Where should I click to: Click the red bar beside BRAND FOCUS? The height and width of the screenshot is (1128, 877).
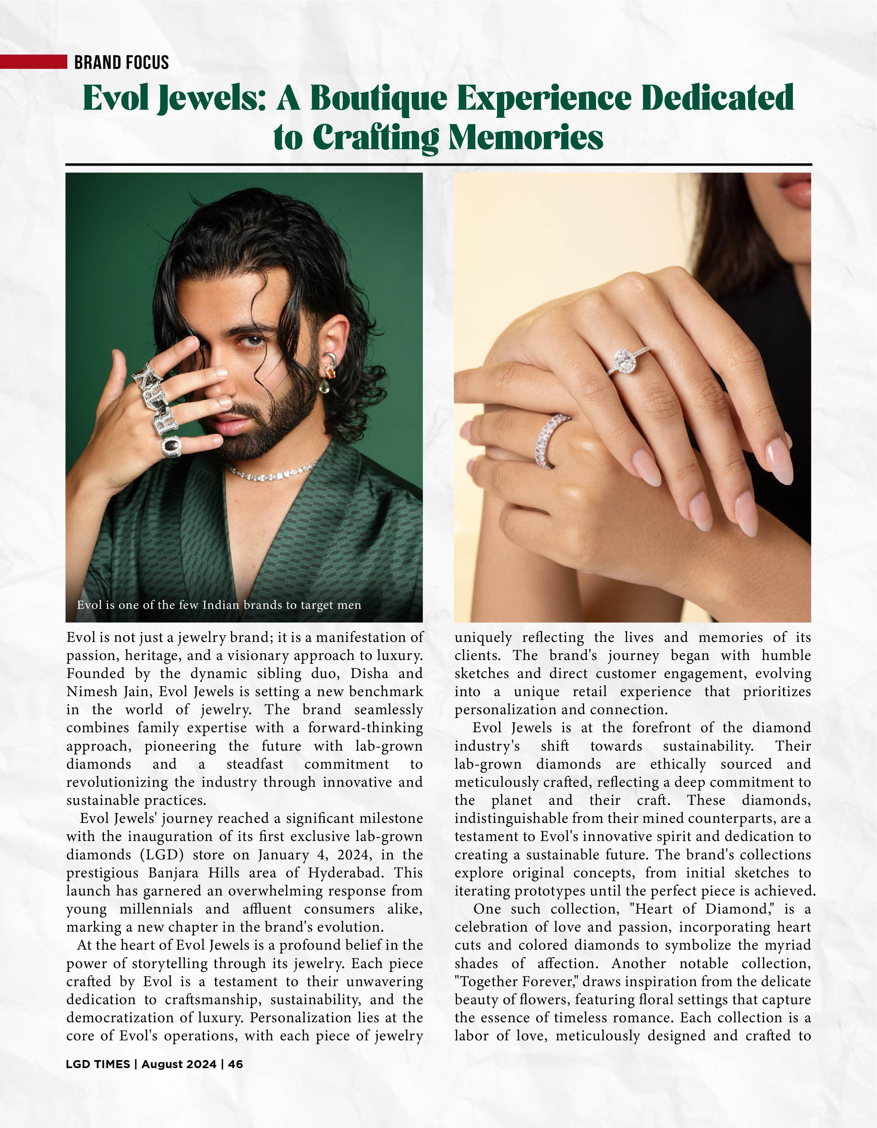coord(33,62)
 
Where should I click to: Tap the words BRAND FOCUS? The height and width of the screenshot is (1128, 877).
coord(121,63)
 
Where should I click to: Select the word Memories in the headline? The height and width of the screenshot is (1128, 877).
coord(526,137)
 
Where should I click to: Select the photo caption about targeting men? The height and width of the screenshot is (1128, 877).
coord(219,605)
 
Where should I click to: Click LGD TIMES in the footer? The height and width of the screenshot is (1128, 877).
coord(98,1064)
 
